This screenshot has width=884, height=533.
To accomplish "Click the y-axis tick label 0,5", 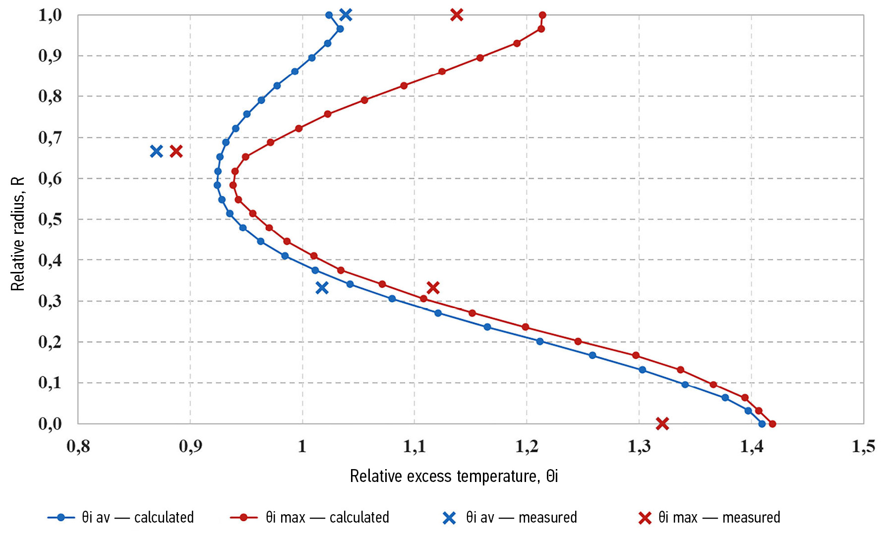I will [x=50, y=219].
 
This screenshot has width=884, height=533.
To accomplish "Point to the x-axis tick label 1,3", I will [x=639, y=446].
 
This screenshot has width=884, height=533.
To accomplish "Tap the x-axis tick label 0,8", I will [x=78, y=446].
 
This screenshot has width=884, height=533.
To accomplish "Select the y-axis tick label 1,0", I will [x=50, y=15].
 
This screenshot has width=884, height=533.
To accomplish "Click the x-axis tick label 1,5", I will [x=863, y=446].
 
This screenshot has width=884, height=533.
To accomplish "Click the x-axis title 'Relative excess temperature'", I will [x=454, y=476].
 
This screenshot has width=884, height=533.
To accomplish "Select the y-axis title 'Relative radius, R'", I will [x=18, y=234].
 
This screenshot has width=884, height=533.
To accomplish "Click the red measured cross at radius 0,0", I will [x=662, y=424].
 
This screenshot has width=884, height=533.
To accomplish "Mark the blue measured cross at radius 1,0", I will [x=346, y=15].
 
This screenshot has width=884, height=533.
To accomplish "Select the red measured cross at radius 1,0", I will [x=457, y=15].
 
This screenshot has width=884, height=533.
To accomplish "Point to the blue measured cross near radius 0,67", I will [x=156, y=151].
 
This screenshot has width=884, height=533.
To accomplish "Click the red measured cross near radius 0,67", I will [x=176, y=151].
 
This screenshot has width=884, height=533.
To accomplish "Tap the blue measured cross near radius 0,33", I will [x=322, y=287].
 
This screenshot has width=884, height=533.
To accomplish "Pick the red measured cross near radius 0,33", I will [x=433, y=287].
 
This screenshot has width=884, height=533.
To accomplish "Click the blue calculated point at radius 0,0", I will [x=762, y=424].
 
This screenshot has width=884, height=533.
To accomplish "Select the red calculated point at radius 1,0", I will [x=542, y=15].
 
